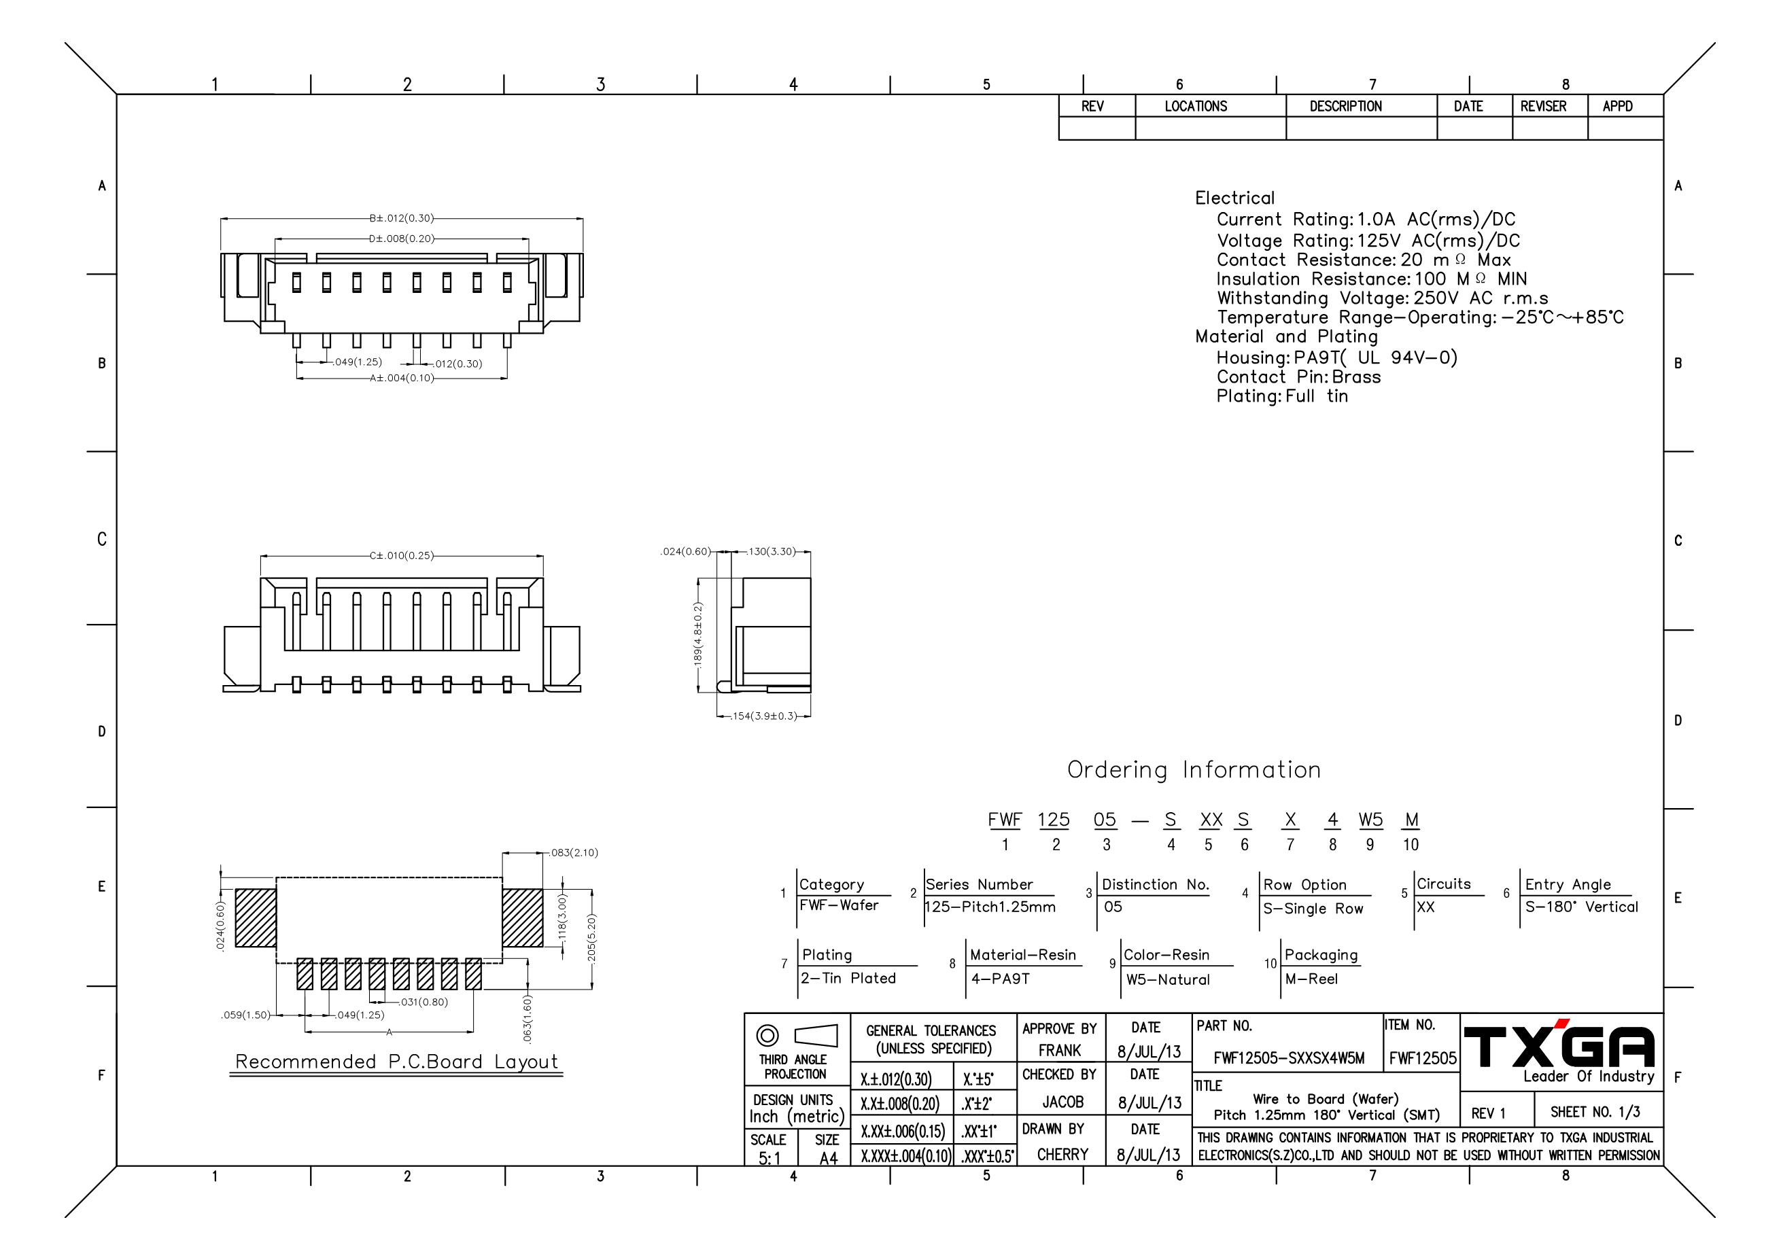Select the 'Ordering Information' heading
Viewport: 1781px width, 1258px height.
point(1194,770)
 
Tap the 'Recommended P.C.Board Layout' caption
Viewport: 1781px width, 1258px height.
point(396,1062)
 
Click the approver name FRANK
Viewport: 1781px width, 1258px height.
point(1060,1051)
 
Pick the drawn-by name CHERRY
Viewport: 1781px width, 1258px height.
point(1062,1155)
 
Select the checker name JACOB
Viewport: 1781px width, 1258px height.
point(1062,1102)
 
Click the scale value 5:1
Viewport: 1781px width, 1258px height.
point(770,1159)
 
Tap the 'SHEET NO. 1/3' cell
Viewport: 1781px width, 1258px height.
point(1595,1112)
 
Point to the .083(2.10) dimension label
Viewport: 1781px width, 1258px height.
point(574,852)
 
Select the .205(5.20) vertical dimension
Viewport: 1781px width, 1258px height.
point(592,937)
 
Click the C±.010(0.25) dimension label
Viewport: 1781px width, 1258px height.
point(402,555)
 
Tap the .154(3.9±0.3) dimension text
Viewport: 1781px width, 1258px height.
point(765,716)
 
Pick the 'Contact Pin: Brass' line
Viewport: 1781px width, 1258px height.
point(1298,377)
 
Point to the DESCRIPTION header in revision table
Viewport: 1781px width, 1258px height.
point(1346,106)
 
